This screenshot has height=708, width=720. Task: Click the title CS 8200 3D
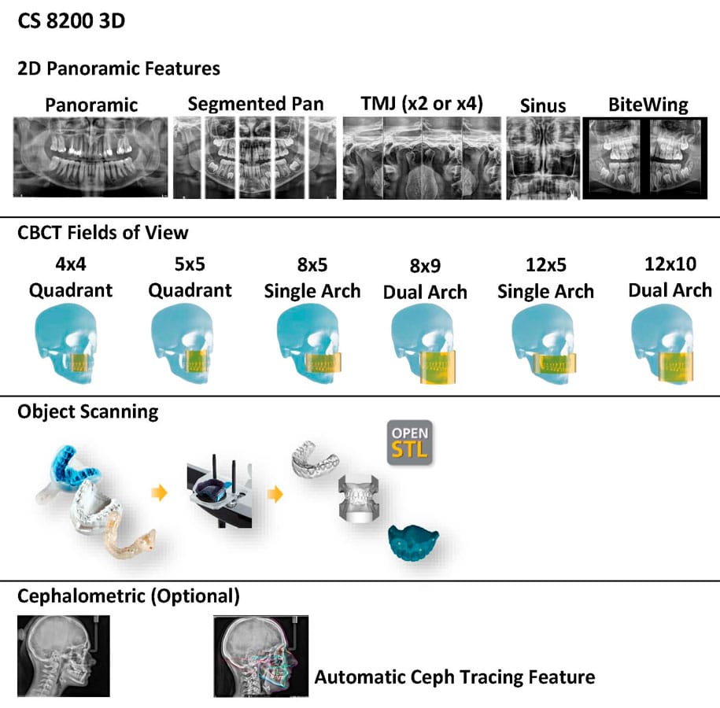pos(72,20)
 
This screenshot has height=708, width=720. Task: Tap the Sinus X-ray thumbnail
pos(542,157)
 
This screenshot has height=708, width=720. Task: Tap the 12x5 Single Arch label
pos(545,278)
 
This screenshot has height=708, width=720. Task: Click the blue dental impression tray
pos(76,472)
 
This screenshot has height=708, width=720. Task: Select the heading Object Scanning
pos(88,411)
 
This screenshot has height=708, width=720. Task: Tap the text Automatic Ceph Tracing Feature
pos(455,677)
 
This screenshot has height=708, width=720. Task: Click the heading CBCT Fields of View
pos(103,232)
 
